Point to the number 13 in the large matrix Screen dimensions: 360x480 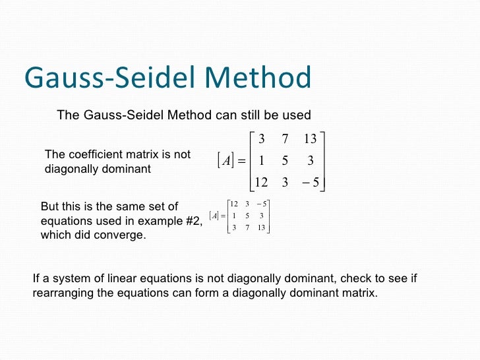tap(310, 139)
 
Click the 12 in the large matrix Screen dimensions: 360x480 tap(261, 183)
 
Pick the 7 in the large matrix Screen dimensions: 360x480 tap(286, 139)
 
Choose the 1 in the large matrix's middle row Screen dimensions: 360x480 tap(262, 161)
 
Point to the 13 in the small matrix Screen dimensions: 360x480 tap(261, 227)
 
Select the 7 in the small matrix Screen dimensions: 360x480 tap(247, 227)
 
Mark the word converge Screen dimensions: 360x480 tap(122, 235)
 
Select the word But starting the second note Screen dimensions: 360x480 tap(51, 207)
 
